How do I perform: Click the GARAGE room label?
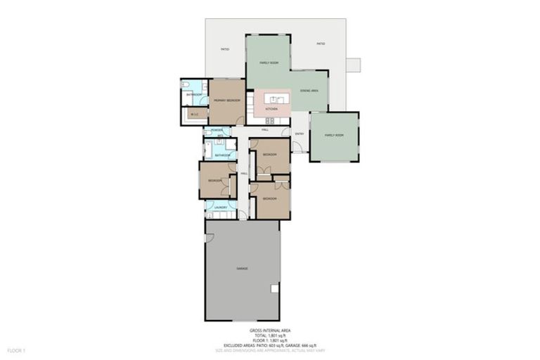[242, 269]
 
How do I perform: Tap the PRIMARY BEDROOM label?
[227, 101]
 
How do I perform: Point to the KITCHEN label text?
[271, 109]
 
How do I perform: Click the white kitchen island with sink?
[271, 98]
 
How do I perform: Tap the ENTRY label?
[300, 134]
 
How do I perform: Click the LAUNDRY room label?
[220, 207]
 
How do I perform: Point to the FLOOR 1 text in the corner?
[16, 349]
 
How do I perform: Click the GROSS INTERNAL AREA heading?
[270, 329]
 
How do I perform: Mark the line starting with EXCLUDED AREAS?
[270, 344]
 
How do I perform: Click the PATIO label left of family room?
[224, 49]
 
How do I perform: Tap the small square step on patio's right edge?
[353, 65]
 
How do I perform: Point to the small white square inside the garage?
[275, 288]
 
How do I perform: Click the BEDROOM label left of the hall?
[214, 181]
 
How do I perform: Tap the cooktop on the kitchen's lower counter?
[270, 120]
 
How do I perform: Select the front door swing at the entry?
[298, 148]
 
